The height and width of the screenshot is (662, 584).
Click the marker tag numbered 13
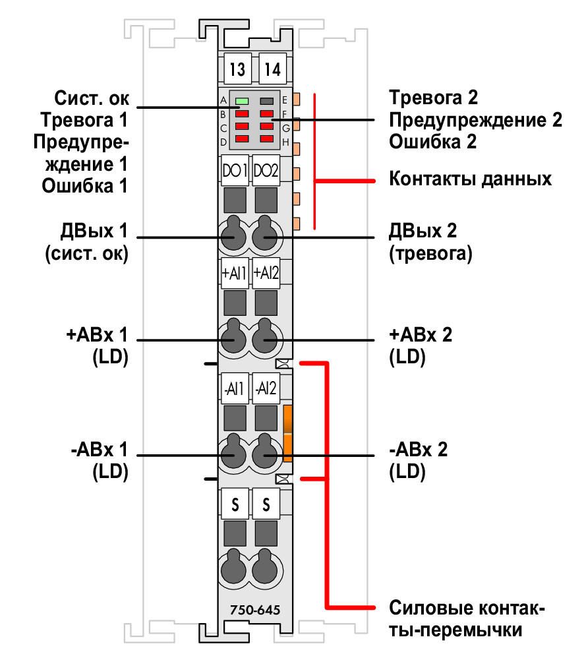coord(237,69)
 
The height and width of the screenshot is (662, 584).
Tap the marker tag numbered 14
coord(272,69)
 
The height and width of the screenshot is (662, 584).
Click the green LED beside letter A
coord(242,102)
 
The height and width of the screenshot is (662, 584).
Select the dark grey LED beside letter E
coord(267,102)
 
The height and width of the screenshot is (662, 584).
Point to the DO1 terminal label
coord(235,171)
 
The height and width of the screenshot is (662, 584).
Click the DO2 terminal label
coord(266,171)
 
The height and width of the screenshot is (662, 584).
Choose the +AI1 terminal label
coord(235,273)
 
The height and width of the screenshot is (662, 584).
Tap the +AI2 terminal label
coord(266,273)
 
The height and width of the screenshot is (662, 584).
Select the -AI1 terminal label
coord(235,388)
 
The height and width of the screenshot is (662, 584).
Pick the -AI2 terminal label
coord(266,388)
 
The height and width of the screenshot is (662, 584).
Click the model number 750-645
coord(255,610)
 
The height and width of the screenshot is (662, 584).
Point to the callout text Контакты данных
coord(470,179)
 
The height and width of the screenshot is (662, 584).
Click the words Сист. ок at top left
coord(92,98)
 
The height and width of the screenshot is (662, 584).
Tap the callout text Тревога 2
coord(433,98)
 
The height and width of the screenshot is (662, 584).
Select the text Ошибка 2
coord(432,142)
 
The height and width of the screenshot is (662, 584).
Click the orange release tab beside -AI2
coord(288,433)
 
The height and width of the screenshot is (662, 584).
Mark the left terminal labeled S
coord(235,504)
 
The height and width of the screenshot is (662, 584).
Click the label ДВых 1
coord(94,231)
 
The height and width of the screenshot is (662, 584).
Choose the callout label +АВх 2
coord(421,335)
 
